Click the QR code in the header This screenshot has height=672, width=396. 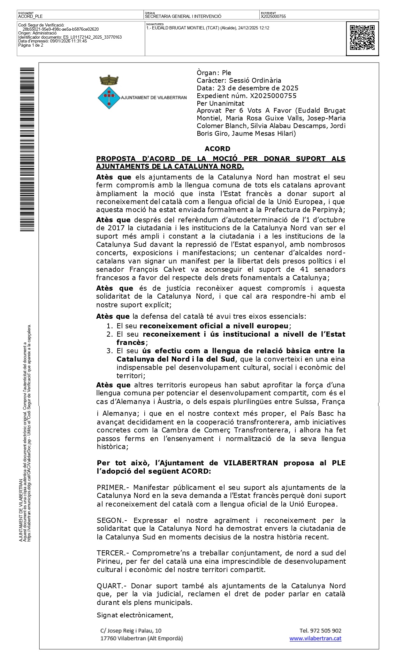coord(362,38)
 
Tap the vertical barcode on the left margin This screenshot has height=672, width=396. coord(27,149)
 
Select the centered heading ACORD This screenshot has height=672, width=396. coord(217,149)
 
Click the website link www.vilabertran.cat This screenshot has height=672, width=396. coord(315,638)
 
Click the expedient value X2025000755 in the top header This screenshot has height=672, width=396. coord(273,16)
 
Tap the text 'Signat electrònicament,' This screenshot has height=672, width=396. coord(135,615)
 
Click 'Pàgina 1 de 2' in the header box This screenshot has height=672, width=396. coord(31,45)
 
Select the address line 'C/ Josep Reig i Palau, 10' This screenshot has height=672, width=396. coord(131,630)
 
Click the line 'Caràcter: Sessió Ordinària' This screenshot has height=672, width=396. coord(239,80)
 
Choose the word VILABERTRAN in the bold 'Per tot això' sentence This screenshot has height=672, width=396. coord(250,463)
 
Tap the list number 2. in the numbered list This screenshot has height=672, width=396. coord(110,334)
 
